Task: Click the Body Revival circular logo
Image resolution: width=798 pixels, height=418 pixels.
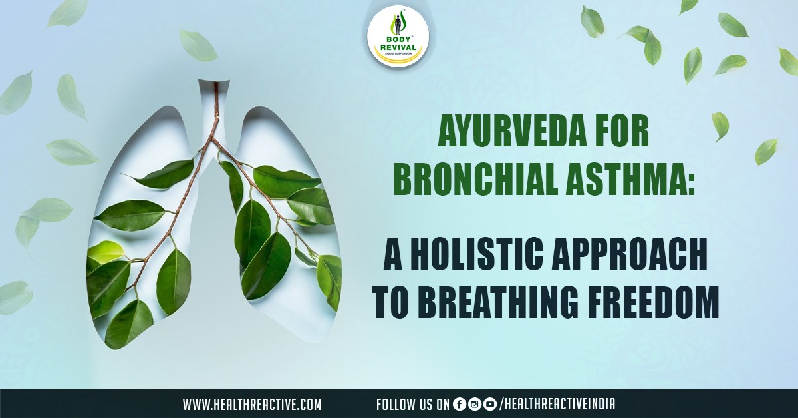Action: pyautogui.click(x=398, y=39)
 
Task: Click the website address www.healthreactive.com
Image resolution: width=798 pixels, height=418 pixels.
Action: pyautogui.click(x=252, y=404)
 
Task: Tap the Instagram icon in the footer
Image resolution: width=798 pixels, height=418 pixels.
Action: pyautogui.click(x=475, y=404)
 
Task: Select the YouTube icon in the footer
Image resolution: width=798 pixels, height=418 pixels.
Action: pyautogui.click(x=490, y=404)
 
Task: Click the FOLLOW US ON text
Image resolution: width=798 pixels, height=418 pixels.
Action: pyautogui.click(x=412, y=404)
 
